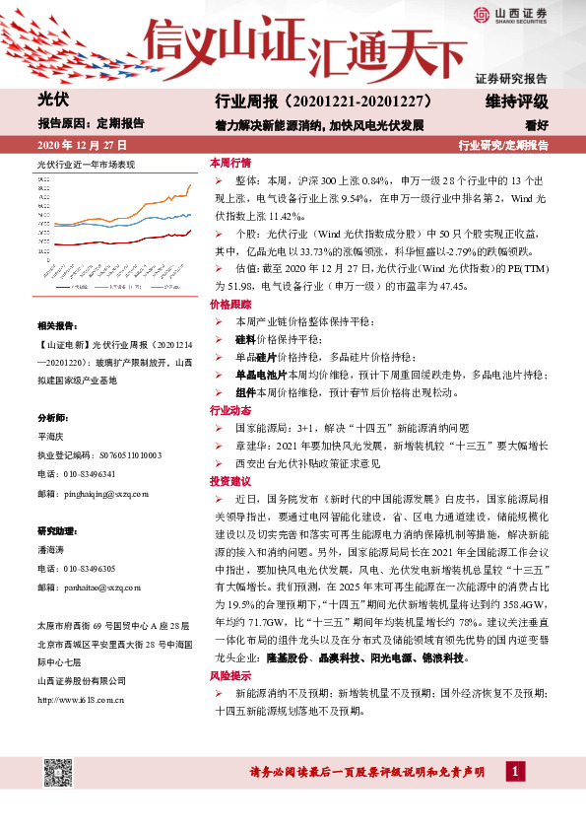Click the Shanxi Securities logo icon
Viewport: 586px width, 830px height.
(x=481, y=14)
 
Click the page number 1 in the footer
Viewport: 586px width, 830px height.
(x=512, y=769)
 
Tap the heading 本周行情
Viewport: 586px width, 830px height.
(x=230, y=163)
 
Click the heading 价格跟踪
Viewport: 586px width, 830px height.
(x=230, y=307)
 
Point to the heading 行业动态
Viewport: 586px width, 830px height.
(x=230, y=409)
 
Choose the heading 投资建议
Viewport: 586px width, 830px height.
(x=230, y=481)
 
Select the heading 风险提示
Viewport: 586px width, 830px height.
(x=230, y=677)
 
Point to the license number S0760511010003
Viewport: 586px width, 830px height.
(x=122, y=455)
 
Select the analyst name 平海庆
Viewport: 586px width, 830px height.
(x=50, y=437)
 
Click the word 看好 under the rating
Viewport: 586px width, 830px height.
(x=537, y=124)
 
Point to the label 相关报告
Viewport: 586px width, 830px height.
(x=56, y=325)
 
